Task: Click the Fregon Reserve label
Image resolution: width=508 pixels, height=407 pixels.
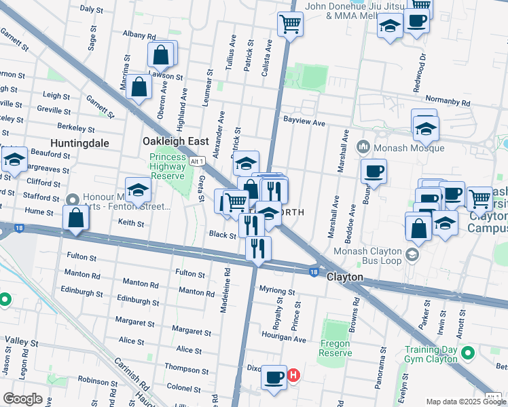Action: tap(336, 348)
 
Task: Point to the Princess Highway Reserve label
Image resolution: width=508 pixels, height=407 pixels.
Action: tap(168, 166)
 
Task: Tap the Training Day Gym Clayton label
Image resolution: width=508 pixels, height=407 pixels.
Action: tap(431, 353)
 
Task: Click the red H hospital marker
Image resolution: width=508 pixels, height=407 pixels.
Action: tap(293, 374)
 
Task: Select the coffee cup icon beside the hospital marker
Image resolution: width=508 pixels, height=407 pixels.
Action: tap(274, 377)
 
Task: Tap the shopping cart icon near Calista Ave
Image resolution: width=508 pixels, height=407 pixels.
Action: tap(290, 24)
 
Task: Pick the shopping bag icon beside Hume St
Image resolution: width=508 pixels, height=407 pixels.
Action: tap(76, 218)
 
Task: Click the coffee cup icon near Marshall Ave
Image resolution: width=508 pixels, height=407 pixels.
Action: tap(374, 171)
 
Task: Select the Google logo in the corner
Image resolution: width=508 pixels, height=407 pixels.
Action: tap(22, 399)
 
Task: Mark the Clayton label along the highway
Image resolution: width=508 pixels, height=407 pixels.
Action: tap(344, 277)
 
